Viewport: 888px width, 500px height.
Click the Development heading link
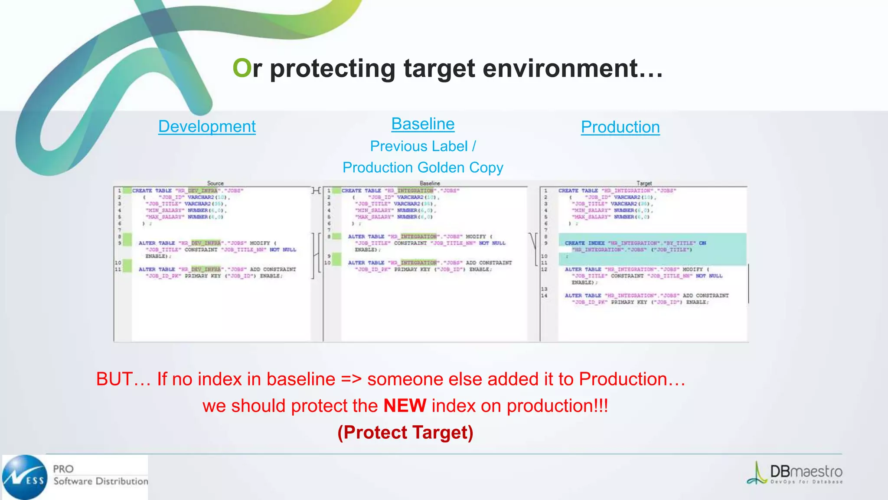coord(207,126)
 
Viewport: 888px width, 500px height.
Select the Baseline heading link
coord(423,124)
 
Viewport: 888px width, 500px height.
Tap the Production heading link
coord(620,127)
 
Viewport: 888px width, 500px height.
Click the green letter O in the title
coord(242,68)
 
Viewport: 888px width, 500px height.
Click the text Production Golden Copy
coord(423,168)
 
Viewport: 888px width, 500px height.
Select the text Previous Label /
coord(423,146)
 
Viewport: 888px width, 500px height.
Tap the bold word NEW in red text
coord(405,406)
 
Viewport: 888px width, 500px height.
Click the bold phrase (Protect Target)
coord(405,432)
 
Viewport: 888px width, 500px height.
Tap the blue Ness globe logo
coord(25,477)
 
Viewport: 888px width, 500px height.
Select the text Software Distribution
coord(101,481)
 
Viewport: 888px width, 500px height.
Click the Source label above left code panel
coord(215,183)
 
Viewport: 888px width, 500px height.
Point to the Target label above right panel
coord(644,183)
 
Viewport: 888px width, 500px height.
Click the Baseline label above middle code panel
coord(430,183)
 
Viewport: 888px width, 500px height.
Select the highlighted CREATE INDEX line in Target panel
coord(635,243)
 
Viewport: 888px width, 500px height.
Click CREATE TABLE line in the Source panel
coord(188,191)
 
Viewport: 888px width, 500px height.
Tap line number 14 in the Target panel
coord(544,296)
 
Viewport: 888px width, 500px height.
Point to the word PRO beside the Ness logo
coord(63,469)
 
